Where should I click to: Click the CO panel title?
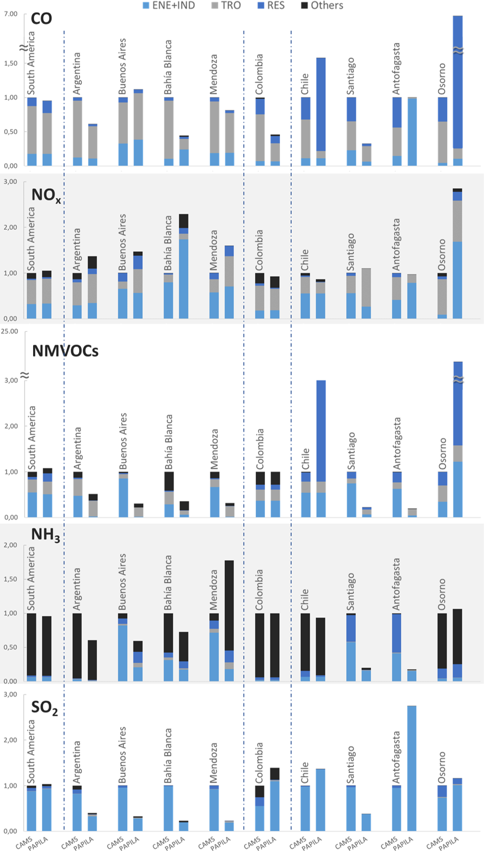click(x=41, y=19)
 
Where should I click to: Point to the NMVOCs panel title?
click(x=65, y=351)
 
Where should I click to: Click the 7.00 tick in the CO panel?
click(x=10, y=14)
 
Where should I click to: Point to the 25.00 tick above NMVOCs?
click(x=9, y=331)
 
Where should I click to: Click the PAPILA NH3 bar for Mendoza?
click(x=229, y=620)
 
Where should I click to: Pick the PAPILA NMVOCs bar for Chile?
click(x=321, y=448)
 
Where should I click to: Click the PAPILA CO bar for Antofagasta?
click(x=412, y=131)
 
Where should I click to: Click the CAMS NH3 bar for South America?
click(x=32, y=647)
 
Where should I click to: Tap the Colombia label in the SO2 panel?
click(x=260, y=763)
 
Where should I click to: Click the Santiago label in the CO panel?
click(x=350, y=76)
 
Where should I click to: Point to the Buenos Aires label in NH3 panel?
click(x=123, y=582)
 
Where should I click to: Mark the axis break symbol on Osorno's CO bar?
click(x=458, y=50)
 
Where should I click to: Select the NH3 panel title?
click(x=45, y=535)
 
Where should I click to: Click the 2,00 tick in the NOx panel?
click(x=11, y=227)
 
